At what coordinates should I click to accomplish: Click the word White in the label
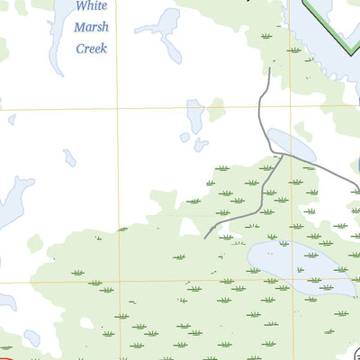[91, 6]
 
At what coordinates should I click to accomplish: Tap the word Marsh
[91, 27]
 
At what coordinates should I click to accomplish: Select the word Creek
[91, 49]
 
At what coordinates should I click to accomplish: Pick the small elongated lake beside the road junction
[291, 144]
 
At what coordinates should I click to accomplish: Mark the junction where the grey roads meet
[283, 155]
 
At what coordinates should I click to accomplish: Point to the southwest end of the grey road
[206, 238]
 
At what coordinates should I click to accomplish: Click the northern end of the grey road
[269, 67]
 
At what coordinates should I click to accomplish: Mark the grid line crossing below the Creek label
[117, 109]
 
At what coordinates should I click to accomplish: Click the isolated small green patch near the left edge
[35, 243]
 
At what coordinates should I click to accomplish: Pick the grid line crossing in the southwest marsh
[118, 281]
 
